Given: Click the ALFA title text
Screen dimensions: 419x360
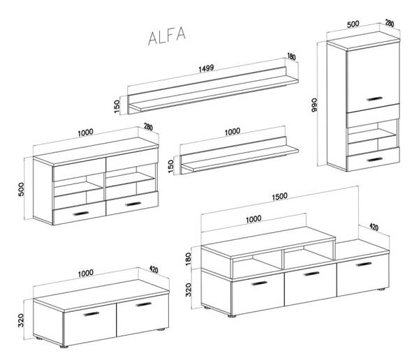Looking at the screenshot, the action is [x=167, y=36].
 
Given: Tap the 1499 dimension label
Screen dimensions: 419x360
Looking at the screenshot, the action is [x=206, y=68].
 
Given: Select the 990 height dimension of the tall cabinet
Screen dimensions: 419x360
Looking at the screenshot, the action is [x=314, y=105].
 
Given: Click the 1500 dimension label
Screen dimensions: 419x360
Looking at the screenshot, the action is [x=279, y=196].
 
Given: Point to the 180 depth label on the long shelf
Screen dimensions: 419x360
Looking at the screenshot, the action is [x=291, y=57].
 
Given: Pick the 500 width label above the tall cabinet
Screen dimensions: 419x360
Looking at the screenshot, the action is [x=353, y=24].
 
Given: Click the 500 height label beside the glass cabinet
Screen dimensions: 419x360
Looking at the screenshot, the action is [x=21, y=189].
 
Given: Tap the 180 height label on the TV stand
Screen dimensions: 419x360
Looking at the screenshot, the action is [x=188, y=259].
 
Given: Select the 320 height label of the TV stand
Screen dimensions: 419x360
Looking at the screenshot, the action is [x=188, y=290].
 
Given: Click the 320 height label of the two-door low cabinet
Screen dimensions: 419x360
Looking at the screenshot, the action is [x=21, y=320].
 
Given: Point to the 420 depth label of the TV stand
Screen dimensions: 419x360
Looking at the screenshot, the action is [x=374, y=227].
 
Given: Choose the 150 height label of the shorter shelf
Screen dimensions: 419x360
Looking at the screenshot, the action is [x=171, y=166].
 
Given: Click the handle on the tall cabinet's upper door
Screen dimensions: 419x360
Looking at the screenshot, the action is [x=374, y=99].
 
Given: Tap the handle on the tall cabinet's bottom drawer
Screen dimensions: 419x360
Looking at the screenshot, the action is [x=374, y=160].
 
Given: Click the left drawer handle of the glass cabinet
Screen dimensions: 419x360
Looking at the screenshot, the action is [x=80, y=213].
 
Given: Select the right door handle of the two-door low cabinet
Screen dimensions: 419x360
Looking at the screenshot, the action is [x=143, y=304].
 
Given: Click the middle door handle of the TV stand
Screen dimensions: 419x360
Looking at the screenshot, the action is [x=311, y=273].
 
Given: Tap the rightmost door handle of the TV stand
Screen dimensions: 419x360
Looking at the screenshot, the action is [x=364, y=264].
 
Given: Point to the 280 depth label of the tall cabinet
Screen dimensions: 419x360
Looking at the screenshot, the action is [x=390, y=23].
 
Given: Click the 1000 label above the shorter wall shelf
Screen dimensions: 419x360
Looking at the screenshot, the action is [x=233, y=131].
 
